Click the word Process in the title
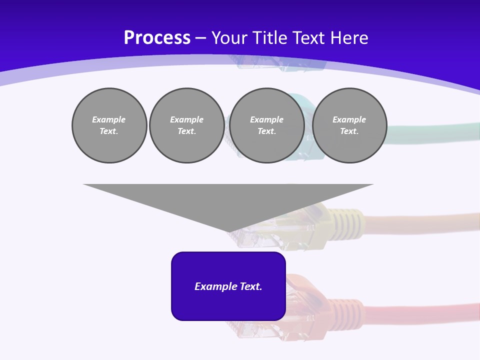point(157,37)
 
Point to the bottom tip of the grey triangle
point(228,231)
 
